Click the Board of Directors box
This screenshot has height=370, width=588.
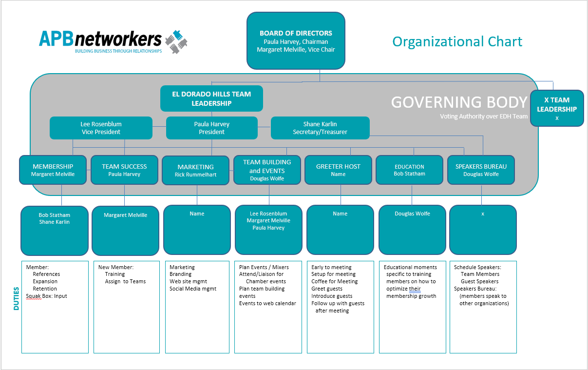pyautogui.click(x=296, y=41)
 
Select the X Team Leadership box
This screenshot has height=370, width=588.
pyautogui.click(x=557, y=108)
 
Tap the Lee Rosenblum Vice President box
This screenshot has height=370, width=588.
pyautogui.click(x=101, y=128)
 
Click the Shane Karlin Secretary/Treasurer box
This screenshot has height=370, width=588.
pyautogui.click(x=320, y=128)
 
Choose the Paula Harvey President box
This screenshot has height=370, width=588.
pyautogui.click(x=211, y=128)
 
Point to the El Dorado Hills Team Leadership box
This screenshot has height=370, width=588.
pyautogui.click(x=211, y=98)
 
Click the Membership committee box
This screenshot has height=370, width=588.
pyautogui.click(x=53, y=170)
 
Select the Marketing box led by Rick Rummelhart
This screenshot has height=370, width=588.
pyautogui.click(x=195, y=170)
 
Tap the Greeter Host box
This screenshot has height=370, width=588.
pyautogui.click(x=338, y=170)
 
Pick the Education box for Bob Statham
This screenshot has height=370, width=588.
pyautogui.click(x=409, y=170)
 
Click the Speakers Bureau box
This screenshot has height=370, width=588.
pyautogui.click(x=481, y=170)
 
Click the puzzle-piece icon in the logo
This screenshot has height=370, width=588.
pyautogui.click(x=176, y=41)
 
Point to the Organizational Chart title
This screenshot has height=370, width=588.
pyautogui.click(x=457, y=41)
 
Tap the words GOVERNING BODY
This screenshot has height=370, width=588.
pyautogui.click(x=459, y=102)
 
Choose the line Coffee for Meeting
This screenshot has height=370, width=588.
pyautogui.click(x=334, y=281)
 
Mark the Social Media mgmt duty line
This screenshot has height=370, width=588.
pyautogui.click(x=192, y=289)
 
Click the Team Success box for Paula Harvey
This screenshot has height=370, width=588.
pyautogui.click(x=124, y=170)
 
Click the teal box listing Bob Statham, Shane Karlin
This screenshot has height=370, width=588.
pyautogui.click(x=55, y=230)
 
